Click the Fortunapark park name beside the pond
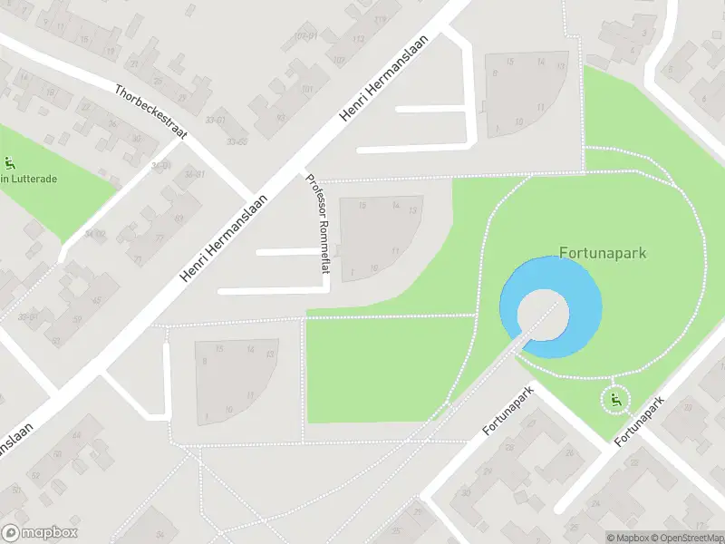(x=603, y=253)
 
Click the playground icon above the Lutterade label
(x=10, y=164)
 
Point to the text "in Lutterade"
(x=29, y=180)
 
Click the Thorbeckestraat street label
(x=150, y=112)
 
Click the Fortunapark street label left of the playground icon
(x=509, y=410)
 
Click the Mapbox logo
(x=39, y=533)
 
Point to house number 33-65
(x=237, y=141)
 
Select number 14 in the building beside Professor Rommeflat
(x=395, y=207)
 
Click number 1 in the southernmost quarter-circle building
(x=208, y=416)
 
